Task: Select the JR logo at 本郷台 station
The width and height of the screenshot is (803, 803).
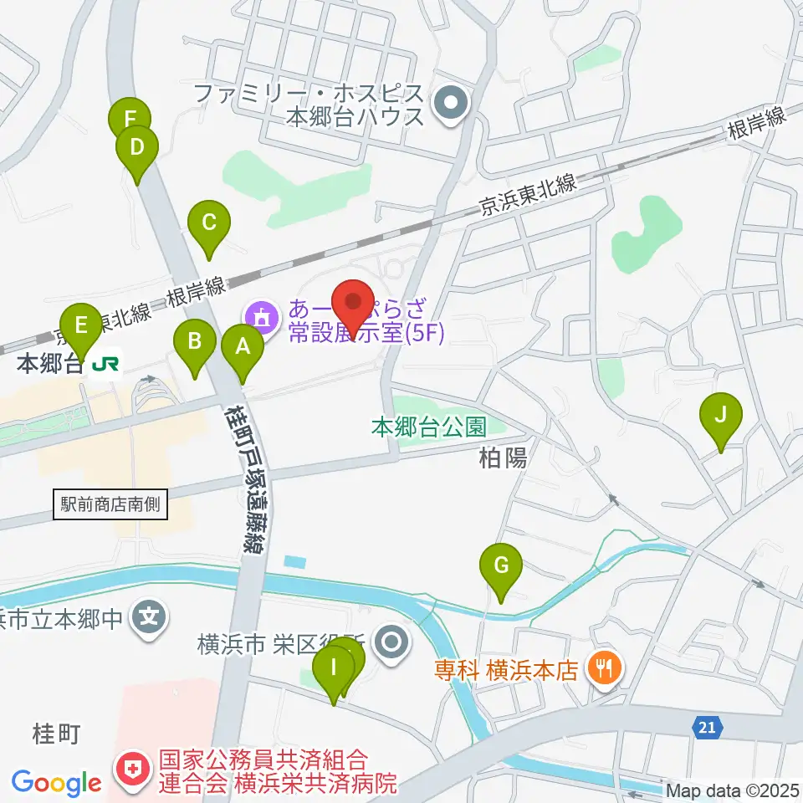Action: pos(105,364)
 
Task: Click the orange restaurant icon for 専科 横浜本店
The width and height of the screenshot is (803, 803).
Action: pos(602,667)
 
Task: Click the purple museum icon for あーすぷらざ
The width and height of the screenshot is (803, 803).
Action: pos(261,317)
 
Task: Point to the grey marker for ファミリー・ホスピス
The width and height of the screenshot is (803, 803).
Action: pos(452,105)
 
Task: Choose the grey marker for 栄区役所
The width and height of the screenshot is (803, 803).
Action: pos(391,643)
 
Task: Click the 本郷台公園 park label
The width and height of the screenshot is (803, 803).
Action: pos(429,427)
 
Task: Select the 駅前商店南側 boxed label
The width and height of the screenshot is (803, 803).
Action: pos(110,504)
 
